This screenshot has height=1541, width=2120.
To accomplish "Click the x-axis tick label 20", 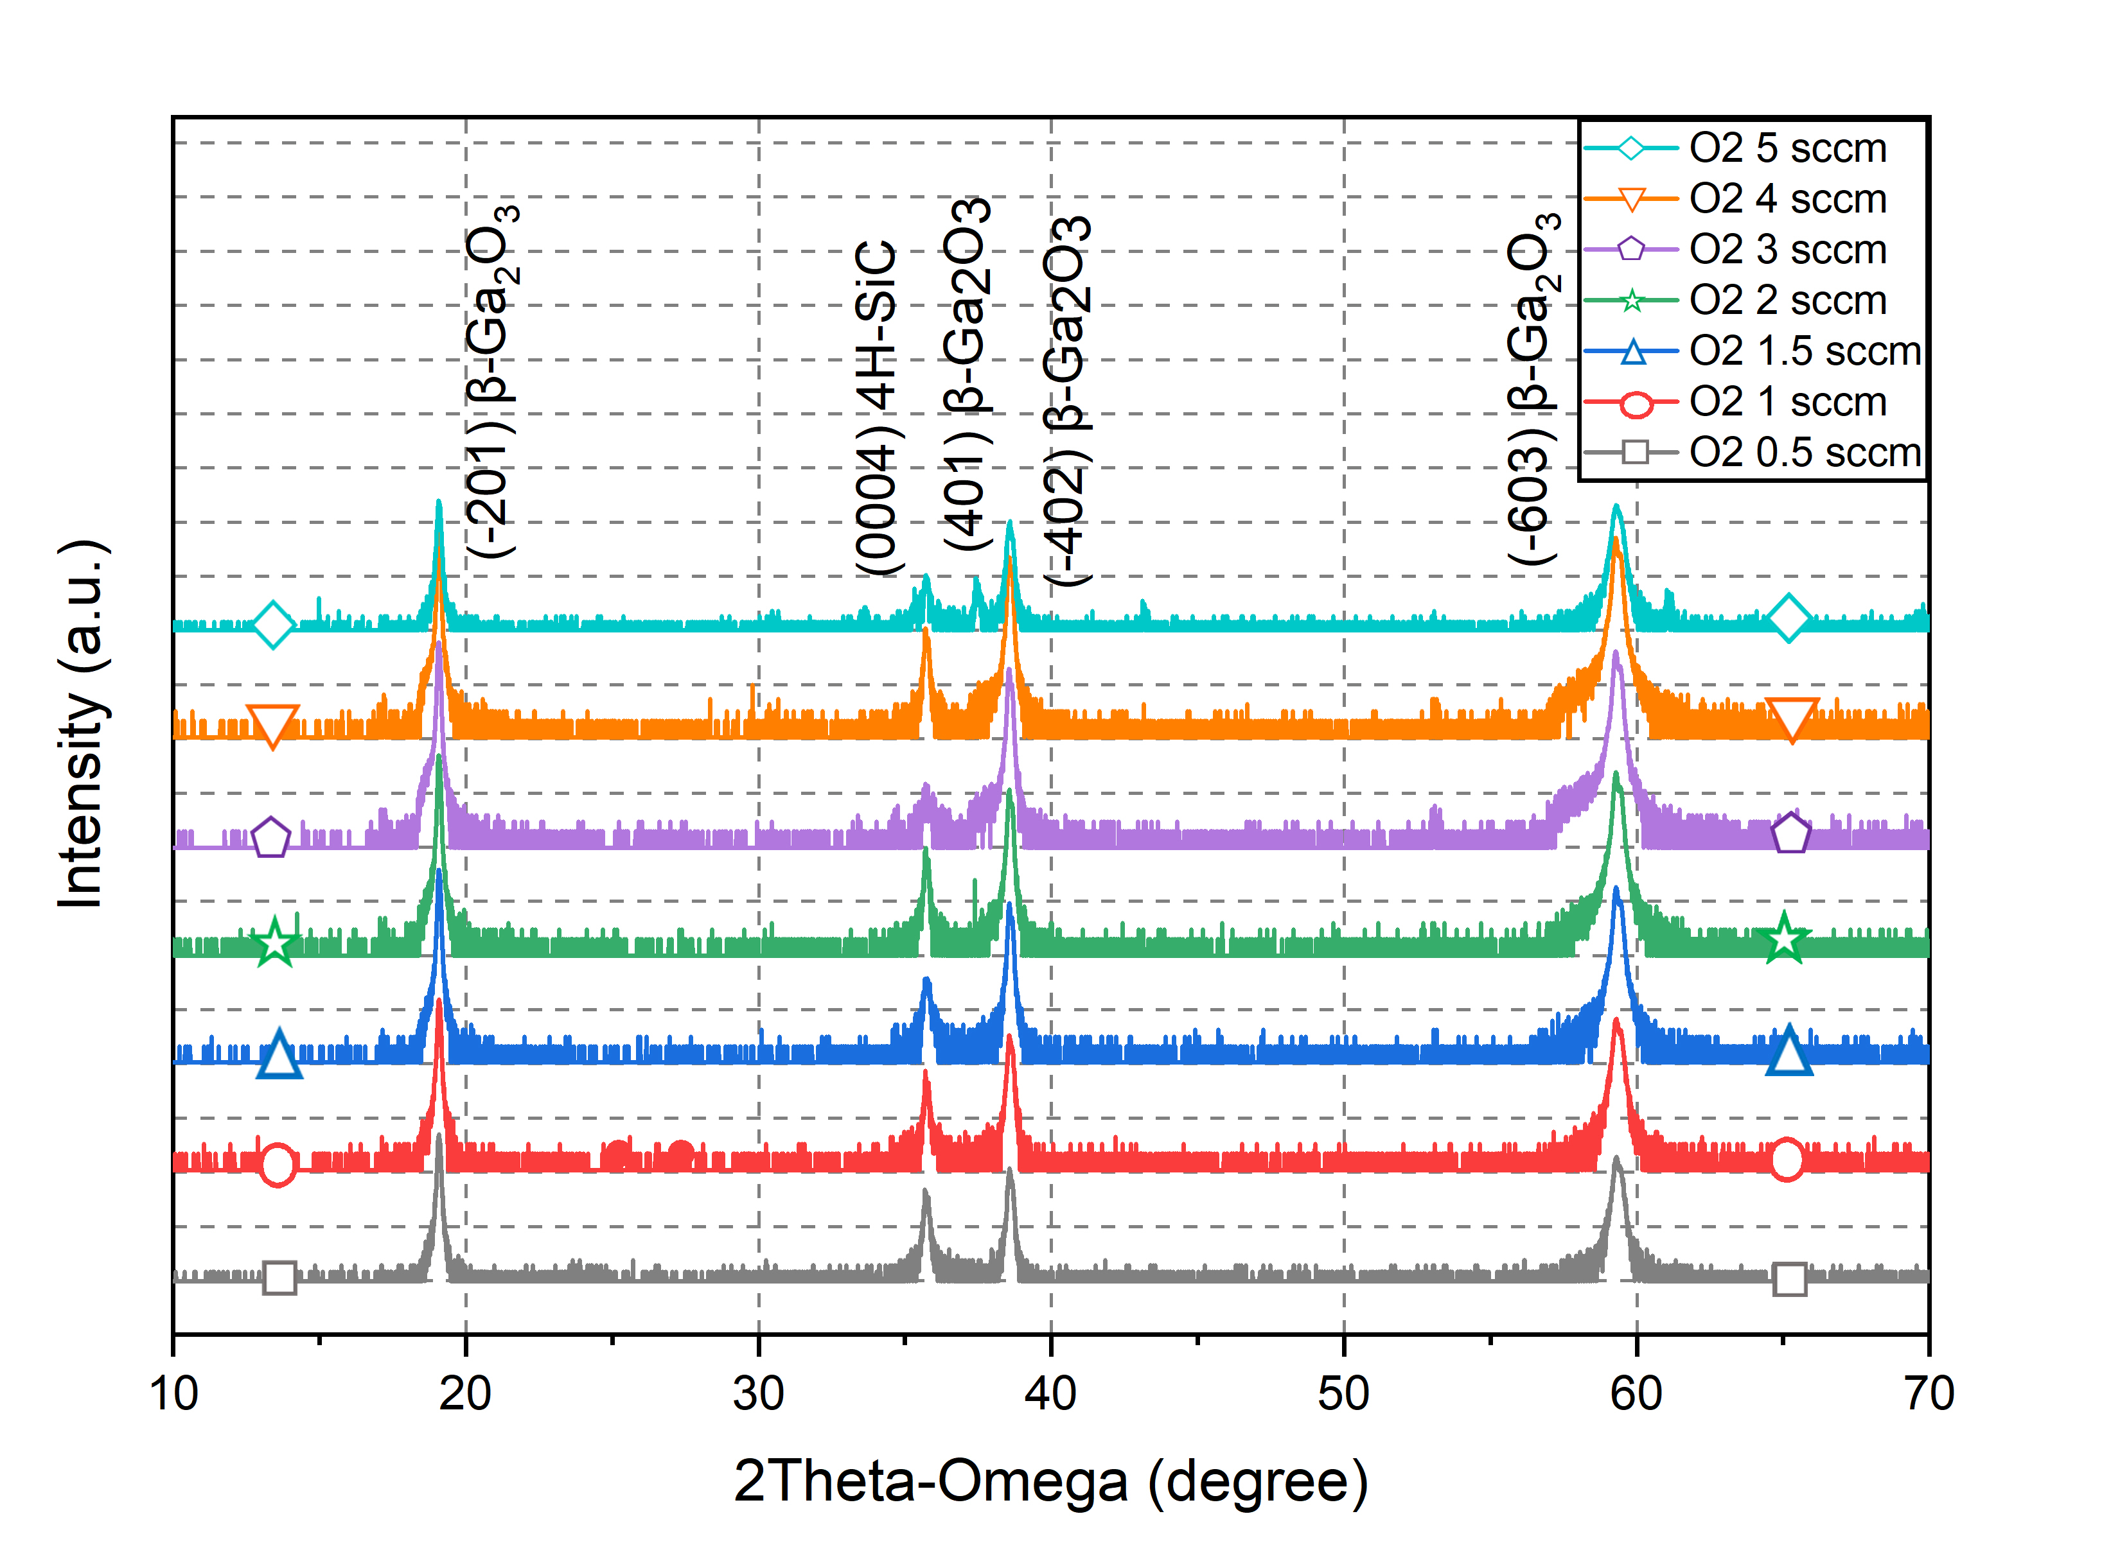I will (466, 1394).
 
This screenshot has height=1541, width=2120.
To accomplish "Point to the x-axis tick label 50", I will (1343, 1394).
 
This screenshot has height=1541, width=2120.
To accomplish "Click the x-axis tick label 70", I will (1927, 1394).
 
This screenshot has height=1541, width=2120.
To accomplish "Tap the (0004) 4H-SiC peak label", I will (878, 406).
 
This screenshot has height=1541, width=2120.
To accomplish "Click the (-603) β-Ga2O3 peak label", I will (1533, 388).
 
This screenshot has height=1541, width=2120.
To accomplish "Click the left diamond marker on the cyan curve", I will (273, 624).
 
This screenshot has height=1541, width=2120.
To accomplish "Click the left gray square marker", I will (279, 1276).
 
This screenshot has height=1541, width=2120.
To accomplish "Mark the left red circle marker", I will (278, 1164).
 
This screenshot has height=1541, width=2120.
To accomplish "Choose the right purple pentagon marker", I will (1790, 833).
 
